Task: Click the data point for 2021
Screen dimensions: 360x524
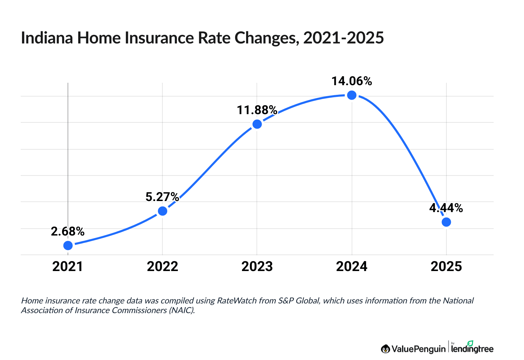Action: tap(68, 245)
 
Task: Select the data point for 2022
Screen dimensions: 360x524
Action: tap(162, 211)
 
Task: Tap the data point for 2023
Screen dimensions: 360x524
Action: tap(257, 124)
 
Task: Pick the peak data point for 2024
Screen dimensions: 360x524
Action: tap(352, 95)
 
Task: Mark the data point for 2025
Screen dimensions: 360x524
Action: tap(446, 222)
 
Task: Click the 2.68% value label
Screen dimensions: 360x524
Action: tap(68, 231)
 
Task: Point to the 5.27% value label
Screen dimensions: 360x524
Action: tap(162, 197)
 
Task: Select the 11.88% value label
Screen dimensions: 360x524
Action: tap(257, 110)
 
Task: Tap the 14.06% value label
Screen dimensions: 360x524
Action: tap(352, 81)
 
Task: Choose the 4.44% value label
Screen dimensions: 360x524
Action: tap(446, 208)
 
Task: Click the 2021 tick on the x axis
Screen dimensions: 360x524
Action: tap(68, 267)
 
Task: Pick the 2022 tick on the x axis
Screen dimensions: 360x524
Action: tap(162, 267)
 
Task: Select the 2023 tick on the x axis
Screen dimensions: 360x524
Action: tap(257, 267)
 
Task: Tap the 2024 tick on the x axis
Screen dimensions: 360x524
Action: tap(352, 267)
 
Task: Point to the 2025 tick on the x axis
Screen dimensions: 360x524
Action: tap(446, 267)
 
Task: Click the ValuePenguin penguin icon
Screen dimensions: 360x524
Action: tap(385, 349)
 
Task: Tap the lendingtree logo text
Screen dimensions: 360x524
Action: tap(472, 349)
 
